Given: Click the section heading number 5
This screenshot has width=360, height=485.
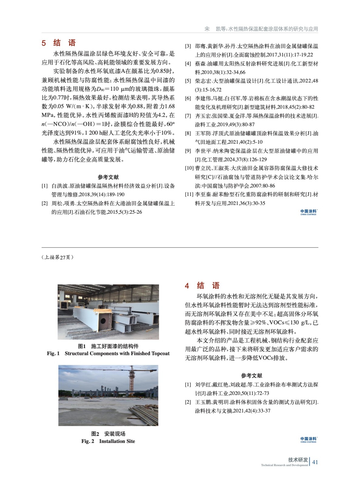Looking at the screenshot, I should pyautogui.click(x=44, y=43).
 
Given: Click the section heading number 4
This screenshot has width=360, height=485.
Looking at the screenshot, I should pyautogui.click(x=187, y=286).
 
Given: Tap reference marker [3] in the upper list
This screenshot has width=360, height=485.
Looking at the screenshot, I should pyautogui.click(x=188, y=46).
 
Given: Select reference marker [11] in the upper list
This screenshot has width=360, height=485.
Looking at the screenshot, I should pyautogui.click(x=189, y=195).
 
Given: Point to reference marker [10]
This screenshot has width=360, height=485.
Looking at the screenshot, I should pyautogui.click(x=189, y=168).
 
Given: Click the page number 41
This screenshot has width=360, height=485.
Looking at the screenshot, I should pyautogui.click(x=315, y=462).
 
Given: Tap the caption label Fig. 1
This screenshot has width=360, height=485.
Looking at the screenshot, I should pyautogui.click(x=53, y=353).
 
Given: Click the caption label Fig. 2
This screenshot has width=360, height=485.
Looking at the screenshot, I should pyautogui.click(x=88, y=441).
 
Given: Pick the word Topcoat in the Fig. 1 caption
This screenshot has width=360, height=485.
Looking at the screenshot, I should pyautogui.click(x=160, y=353).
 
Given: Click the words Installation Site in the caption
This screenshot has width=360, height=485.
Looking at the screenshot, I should pyautogui.click(x=117, y=441).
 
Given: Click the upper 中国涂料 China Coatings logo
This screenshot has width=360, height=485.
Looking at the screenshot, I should pyautogui.click(x=308, y=212).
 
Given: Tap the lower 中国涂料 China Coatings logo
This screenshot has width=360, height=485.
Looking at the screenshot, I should pyautogui.click(x=308, y=440).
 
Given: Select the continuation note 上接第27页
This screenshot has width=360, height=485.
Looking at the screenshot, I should pyautogui.click(x=57, y=257).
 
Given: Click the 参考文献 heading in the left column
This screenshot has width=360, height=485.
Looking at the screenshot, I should pyautogui.click(x=108, y=177).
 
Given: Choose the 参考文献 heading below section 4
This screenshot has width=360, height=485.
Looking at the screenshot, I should pyautogui.click(x=251, y=376).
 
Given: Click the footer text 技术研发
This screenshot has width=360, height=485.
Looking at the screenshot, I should pyautogui.click(x=298, y=460).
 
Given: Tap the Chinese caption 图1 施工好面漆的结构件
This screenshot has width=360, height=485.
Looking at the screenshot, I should pyautogui.click(x=108, y=346).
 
